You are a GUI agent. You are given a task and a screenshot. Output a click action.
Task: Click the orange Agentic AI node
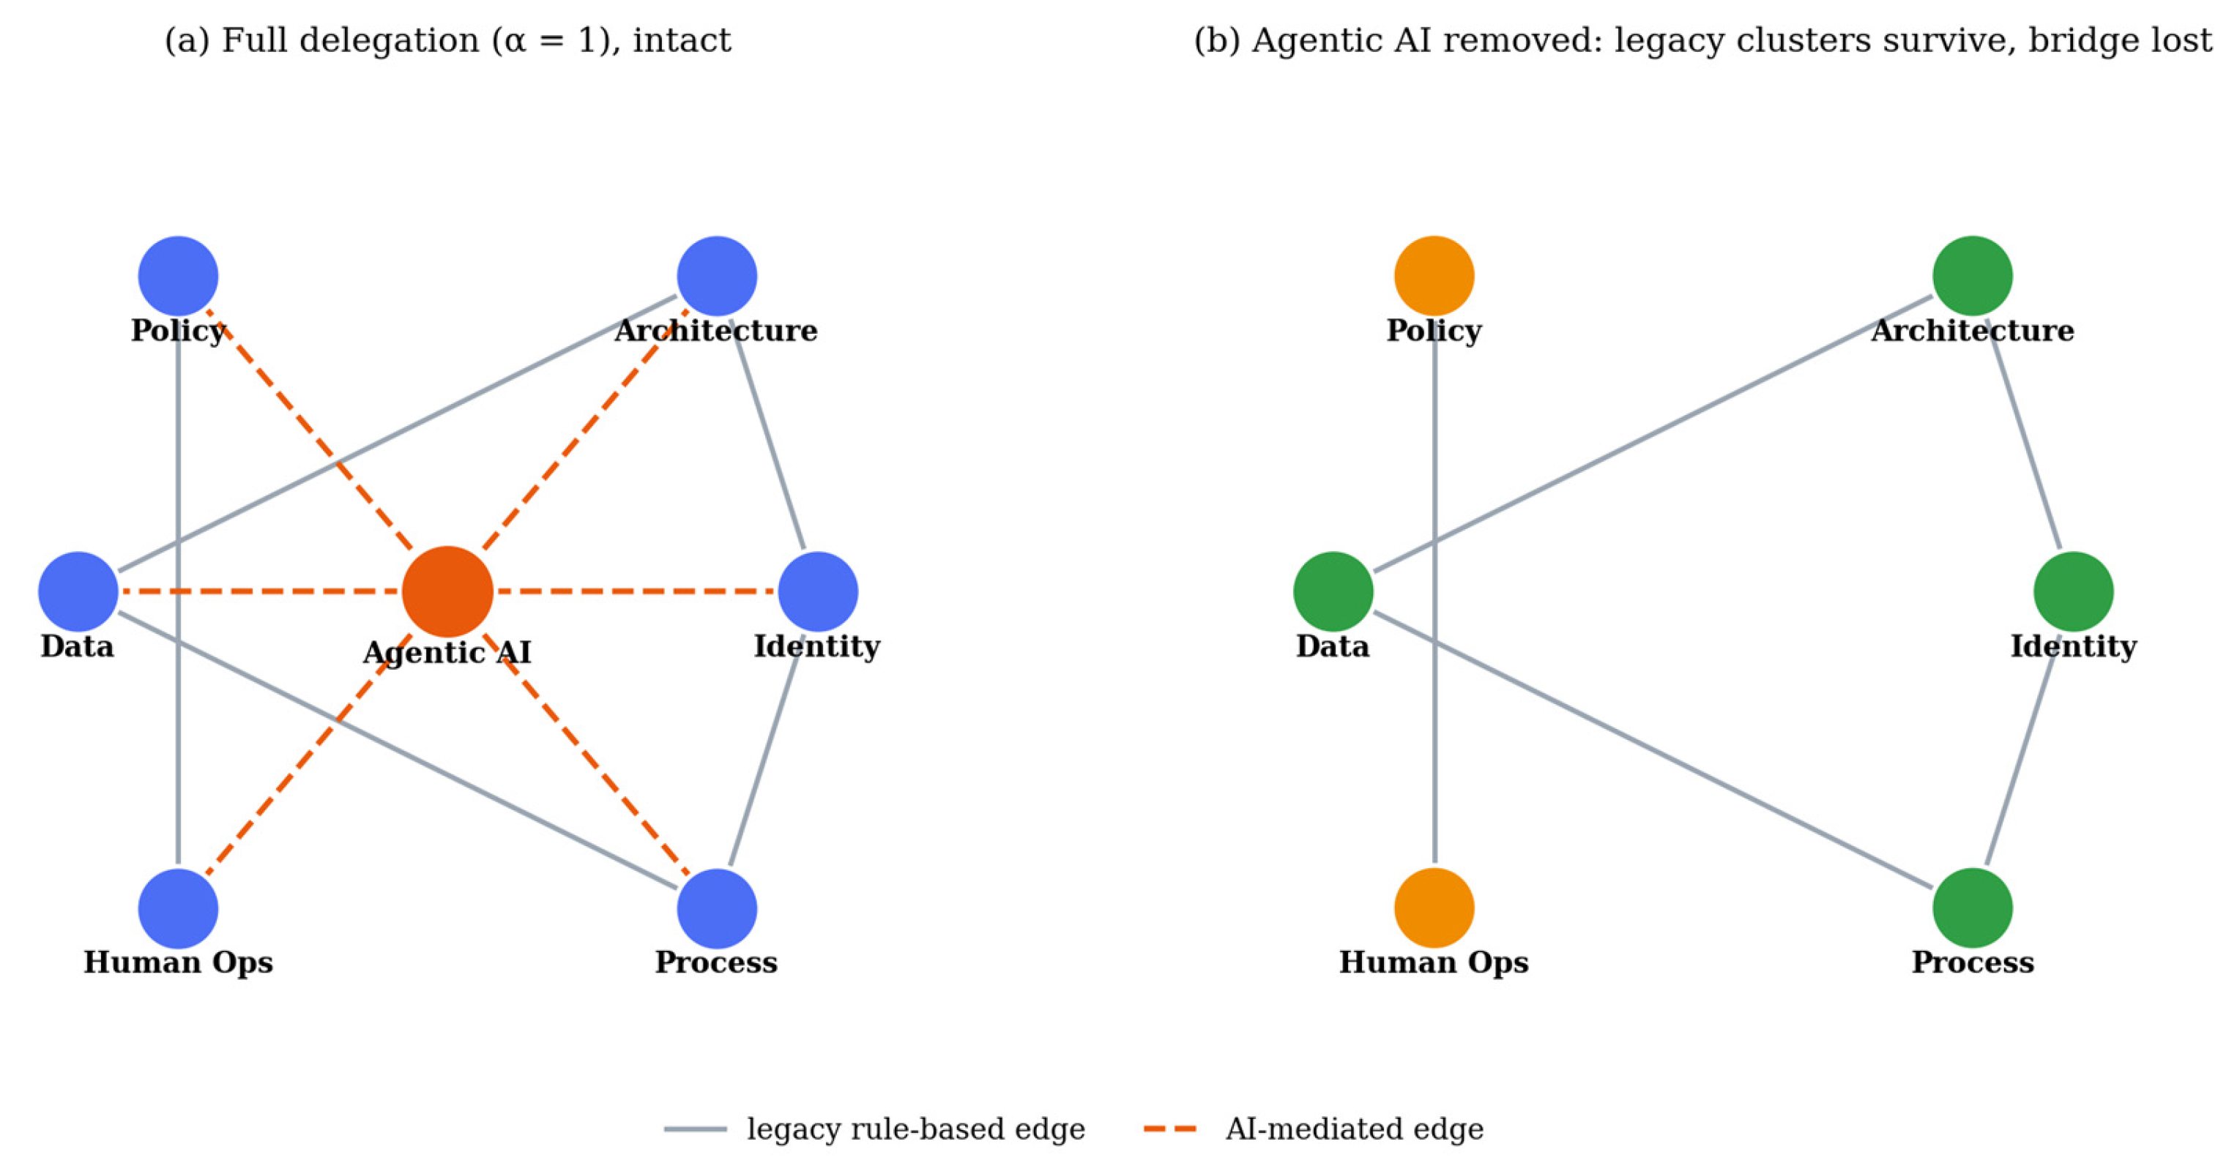tap(447, 592)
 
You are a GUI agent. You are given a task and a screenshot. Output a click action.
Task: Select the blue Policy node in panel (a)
tap(178, 276)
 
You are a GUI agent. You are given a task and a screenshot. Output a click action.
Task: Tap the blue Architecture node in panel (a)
tap(718, 276)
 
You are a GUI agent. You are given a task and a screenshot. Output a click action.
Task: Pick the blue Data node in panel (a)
tap(78, 592)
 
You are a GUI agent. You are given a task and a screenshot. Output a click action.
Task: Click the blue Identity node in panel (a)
tap(818, 592)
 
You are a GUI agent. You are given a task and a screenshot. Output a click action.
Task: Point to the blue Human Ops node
tap(178, 908)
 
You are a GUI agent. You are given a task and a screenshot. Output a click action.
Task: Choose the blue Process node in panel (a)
tap(718, 908)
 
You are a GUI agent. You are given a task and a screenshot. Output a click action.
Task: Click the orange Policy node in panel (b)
tap(1434, 276)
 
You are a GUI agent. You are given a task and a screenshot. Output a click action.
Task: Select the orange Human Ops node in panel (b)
tap(1434, 908)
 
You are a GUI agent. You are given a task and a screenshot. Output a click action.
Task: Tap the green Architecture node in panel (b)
tap(1973, 276)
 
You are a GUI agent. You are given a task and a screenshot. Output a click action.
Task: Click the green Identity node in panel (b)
tap(2074, 592)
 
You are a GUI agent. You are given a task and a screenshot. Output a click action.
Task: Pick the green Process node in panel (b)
tap(1973, 908)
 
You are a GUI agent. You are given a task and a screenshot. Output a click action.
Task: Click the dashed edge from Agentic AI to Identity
tap(636, 592)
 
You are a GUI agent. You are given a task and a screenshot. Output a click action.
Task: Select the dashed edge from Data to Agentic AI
tap(260, 592)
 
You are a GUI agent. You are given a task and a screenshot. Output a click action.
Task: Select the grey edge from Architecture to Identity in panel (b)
tap(2023, 434)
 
